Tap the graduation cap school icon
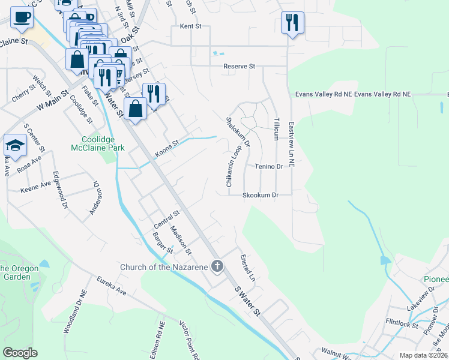[x=15, y=145]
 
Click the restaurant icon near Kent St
[x=292, y=23]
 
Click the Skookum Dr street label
[x=261, y=195]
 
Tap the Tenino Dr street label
[x=268, y=166]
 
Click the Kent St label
[x=190, y=27]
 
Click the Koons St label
[x=167, y=147]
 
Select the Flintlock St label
[x=402, y=324]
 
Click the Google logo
[x=20, y=353]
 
